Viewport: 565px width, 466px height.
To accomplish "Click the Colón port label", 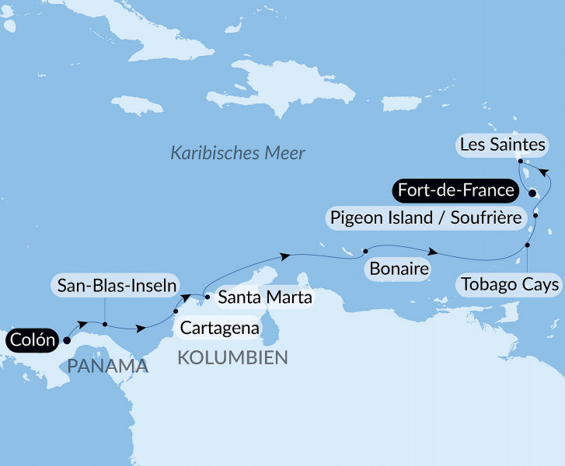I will [33, 339].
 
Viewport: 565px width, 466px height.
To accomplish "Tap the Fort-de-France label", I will [455, 190].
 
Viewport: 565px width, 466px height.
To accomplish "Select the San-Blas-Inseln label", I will [115, 285].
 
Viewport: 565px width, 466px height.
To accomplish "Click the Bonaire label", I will [400, 270].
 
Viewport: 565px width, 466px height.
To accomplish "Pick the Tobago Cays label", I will [509, 284].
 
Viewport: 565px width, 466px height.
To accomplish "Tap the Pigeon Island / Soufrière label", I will [425, 217].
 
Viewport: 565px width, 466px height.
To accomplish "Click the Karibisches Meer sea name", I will [238, 153].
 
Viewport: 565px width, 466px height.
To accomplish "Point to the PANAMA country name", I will [107, 366].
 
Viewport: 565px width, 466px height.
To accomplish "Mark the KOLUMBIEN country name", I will [232, 357].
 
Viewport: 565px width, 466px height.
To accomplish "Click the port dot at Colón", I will [67, 339].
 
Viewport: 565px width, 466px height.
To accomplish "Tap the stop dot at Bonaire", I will [364, 252].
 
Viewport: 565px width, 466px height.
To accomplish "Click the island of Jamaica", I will [139, 104].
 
